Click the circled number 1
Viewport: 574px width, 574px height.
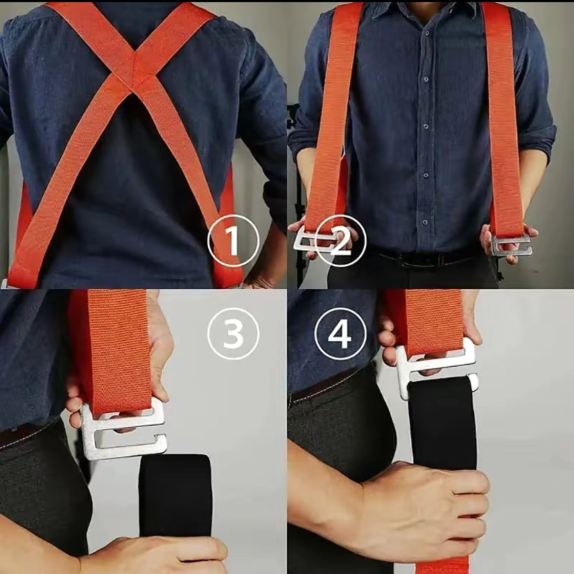click(233, 241)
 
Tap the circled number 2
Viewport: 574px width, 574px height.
click(340, 241)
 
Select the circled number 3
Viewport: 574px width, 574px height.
click(233, 334)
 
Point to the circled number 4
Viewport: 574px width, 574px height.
click(340, 334)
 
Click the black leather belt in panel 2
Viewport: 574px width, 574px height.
click(432, 258)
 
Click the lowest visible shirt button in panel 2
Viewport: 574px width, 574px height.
click(425, 223)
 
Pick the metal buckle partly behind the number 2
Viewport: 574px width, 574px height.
click(315, 239)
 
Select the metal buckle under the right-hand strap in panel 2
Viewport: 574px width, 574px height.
click(511, 245)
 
